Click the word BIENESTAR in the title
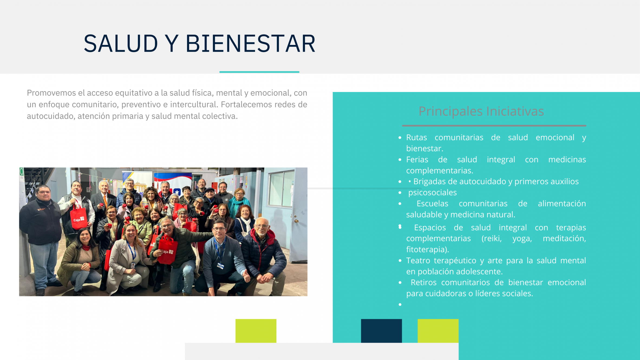click(250, 43)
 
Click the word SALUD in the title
click(121, 43)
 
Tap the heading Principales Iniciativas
click(481, 112)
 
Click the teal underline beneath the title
click(259, 72)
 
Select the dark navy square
click(381, 331)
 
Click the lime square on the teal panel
click(438, 331)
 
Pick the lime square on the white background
click(256, 331)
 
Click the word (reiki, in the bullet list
click(491, 238)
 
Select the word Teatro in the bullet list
click(418, 261)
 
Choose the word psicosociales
click(432, 193)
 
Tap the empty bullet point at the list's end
click(400, 305)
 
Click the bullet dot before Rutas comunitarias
click(400, 138)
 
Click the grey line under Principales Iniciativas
click(494, 126)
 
